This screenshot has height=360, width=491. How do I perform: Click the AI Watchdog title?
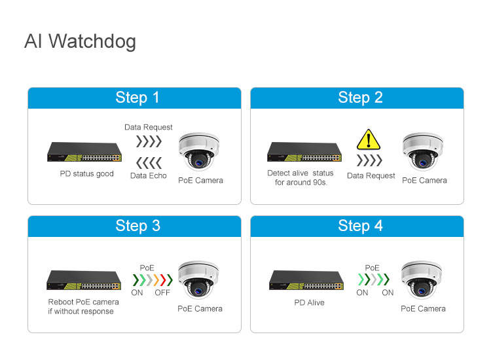coord(80,41)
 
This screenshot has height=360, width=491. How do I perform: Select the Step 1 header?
coord(137,98)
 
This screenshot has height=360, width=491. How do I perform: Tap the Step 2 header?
coord(360,98)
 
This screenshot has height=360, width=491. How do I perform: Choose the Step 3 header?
coord(137,226)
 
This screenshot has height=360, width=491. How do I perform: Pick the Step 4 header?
coord(360,226)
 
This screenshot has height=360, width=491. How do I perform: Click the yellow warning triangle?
coord(368,139)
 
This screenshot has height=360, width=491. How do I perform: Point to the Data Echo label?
coord(149,175)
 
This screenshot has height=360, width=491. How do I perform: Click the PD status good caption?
coord(86,174)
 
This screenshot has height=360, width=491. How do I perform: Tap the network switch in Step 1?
coord(84,153)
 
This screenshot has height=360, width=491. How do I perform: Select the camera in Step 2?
coord(423,151)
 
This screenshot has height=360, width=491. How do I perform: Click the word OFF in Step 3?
coord(162,293)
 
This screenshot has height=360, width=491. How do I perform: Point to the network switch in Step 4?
coord(306,280)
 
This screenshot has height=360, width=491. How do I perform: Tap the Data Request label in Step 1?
coord(149,127)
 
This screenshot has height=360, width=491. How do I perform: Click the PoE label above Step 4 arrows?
coord(372,268)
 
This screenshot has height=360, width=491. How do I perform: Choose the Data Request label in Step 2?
coord(371,175)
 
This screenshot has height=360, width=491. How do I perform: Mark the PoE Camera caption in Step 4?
coord(423,308)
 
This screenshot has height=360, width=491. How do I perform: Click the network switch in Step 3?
coord(84,280)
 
